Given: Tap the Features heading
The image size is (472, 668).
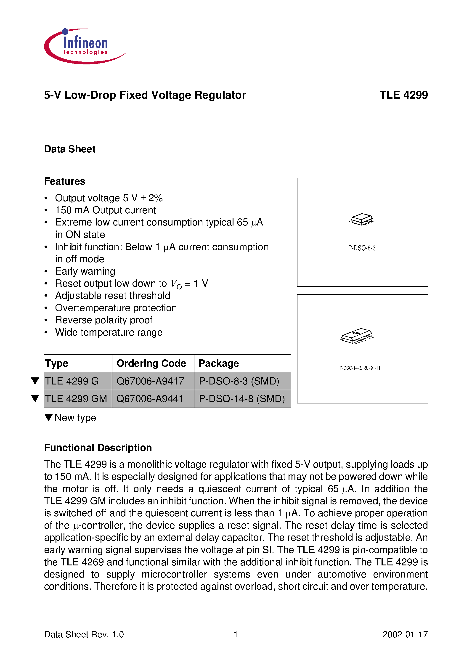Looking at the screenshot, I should (65, 181).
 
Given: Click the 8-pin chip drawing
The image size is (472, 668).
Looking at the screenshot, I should (362, 219).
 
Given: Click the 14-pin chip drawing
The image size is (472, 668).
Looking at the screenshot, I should (357, 336).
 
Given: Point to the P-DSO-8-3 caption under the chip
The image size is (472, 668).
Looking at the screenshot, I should (362, 248).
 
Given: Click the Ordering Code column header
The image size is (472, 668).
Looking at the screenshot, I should (151, 363).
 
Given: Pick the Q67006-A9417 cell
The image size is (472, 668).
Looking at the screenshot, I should (150, 381).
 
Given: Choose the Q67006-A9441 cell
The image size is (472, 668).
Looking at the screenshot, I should (150, 399).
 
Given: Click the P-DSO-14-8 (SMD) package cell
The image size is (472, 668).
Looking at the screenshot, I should (242, 399).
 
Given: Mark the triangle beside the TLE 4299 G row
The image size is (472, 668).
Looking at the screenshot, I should (35, 381).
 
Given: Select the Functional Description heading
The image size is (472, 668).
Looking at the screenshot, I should (98, 448).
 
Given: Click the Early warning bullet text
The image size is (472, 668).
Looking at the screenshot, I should (85, 271).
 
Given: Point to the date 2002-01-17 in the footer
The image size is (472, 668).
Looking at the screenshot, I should (405, 634).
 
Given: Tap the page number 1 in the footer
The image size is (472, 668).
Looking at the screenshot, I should (236, 634).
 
